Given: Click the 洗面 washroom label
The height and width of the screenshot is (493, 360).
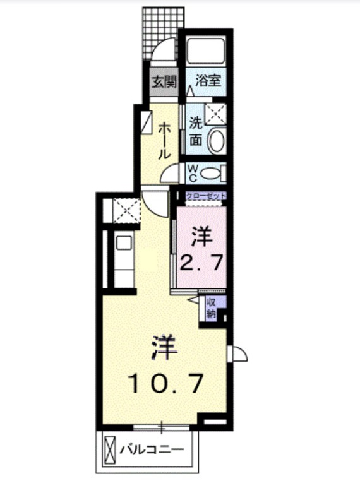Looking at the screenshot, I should (196, 132).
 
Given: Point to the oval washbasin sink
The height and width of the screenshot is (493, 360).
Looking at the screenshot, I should (216, 140).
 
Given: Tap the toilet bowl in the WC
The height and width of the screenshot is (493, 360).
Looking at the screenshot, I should (213, 172).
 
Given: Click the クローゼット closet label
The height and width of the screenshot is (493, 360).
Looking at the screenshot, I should (206, 197).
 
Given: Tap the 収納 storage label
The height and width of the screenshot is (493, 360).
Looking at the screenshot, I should (211, 307).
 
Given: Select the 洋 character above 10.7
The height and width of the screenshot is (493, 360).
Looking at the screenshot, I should (165, 348).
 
